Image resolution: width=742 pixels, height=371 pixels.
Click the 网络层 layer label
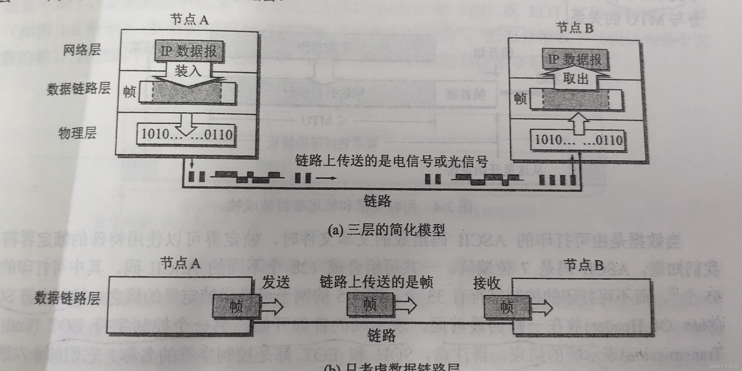click(82, 50)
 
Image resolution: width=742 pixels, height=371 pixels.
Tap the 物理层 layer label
click(77, 133)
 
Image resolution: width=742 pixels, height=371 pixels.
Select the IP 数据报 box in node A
click(189, 51)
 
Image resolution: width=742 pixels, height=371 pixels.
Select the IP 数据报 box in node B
click(575, 60)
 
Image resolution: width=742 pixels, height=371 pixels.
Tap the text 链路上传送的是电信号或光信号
click(391, 161)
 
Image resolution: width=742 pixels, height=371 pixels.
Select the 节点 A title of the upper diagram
click(189, 20)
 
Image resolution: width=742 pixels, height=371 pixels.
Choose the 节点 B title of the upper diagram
click(575, 28)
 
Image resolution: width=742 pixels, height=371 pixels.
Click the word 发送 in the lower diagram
click(275, 282)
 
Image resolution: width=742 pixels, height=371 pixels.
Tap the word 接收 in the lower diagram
click(487, 283)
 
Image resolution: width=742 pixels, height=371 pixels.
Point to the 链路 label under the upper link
click(377, 201)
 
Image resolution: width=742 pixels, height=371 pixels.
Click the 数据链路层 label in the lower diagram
click(67, 298)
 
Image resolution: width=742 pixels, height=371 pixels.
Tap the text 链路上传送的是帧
click(376, 282)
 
